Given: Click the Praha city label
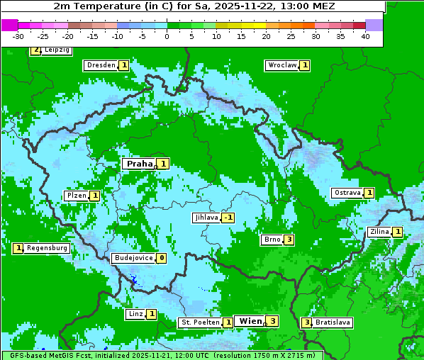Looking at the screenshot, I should coord(139,164).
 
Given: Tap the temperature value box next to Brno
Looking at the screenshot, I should coord(289,240).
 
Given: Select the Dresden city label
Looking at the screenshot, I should coord(101,65).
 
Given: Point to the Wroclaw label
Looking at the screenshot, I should coord(281,65).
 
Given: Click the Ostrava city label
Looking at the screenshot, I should coord(347,193).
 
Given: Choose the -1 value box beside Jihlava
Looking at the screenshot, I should coord(228,218).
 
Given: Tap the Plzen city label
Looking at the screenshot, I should coord(75,196).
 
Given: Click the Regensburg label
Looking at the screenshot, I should coord(48,248).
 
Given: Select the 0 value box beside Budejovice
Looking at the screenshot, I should coord(162,258).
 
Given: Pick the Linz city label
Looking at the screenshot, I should coord(135,314).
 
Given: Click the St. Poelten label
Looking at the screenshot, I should coord(199,322).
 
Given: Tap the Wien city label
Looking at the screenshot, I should coord(250,321).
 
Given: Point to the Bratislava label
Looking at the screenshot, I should coord(333,322).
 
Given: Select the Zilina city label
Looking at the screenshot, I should coord(379,232).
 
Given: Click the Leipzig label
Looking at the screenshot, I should coord(56,50).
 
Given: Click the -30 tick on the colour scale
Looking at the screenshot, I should coord(18,36).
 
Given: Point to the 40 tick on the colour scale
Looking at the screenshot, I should coord(365,36).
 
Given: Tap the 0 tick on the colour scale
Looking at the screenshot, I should coord(167,36).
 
